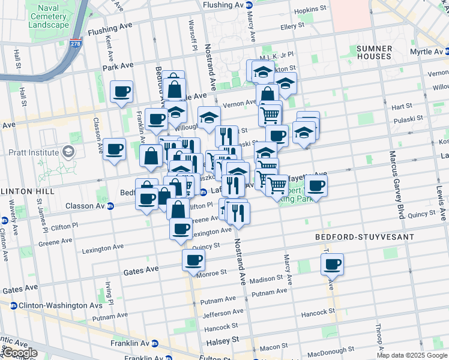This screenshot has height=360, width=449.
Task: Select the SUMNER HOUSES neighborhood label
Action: tap(382, 52)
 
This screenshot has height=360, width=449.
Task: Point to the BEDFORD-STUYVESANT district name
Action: tap(365, 237)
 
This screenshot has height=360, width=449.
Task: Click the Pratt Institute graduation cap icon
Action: tap(68, 151)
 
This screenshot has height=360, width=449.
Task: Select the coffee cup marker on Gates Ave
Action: tap(193, 260)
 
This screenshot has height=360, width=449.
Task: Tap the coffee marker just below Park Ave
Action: tap(122, 92)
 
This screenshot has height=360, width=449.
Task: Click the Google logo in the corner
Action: tap(19, 353)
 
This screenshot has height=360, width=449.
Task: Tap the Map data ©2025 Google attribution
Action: tap(412, 355)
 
